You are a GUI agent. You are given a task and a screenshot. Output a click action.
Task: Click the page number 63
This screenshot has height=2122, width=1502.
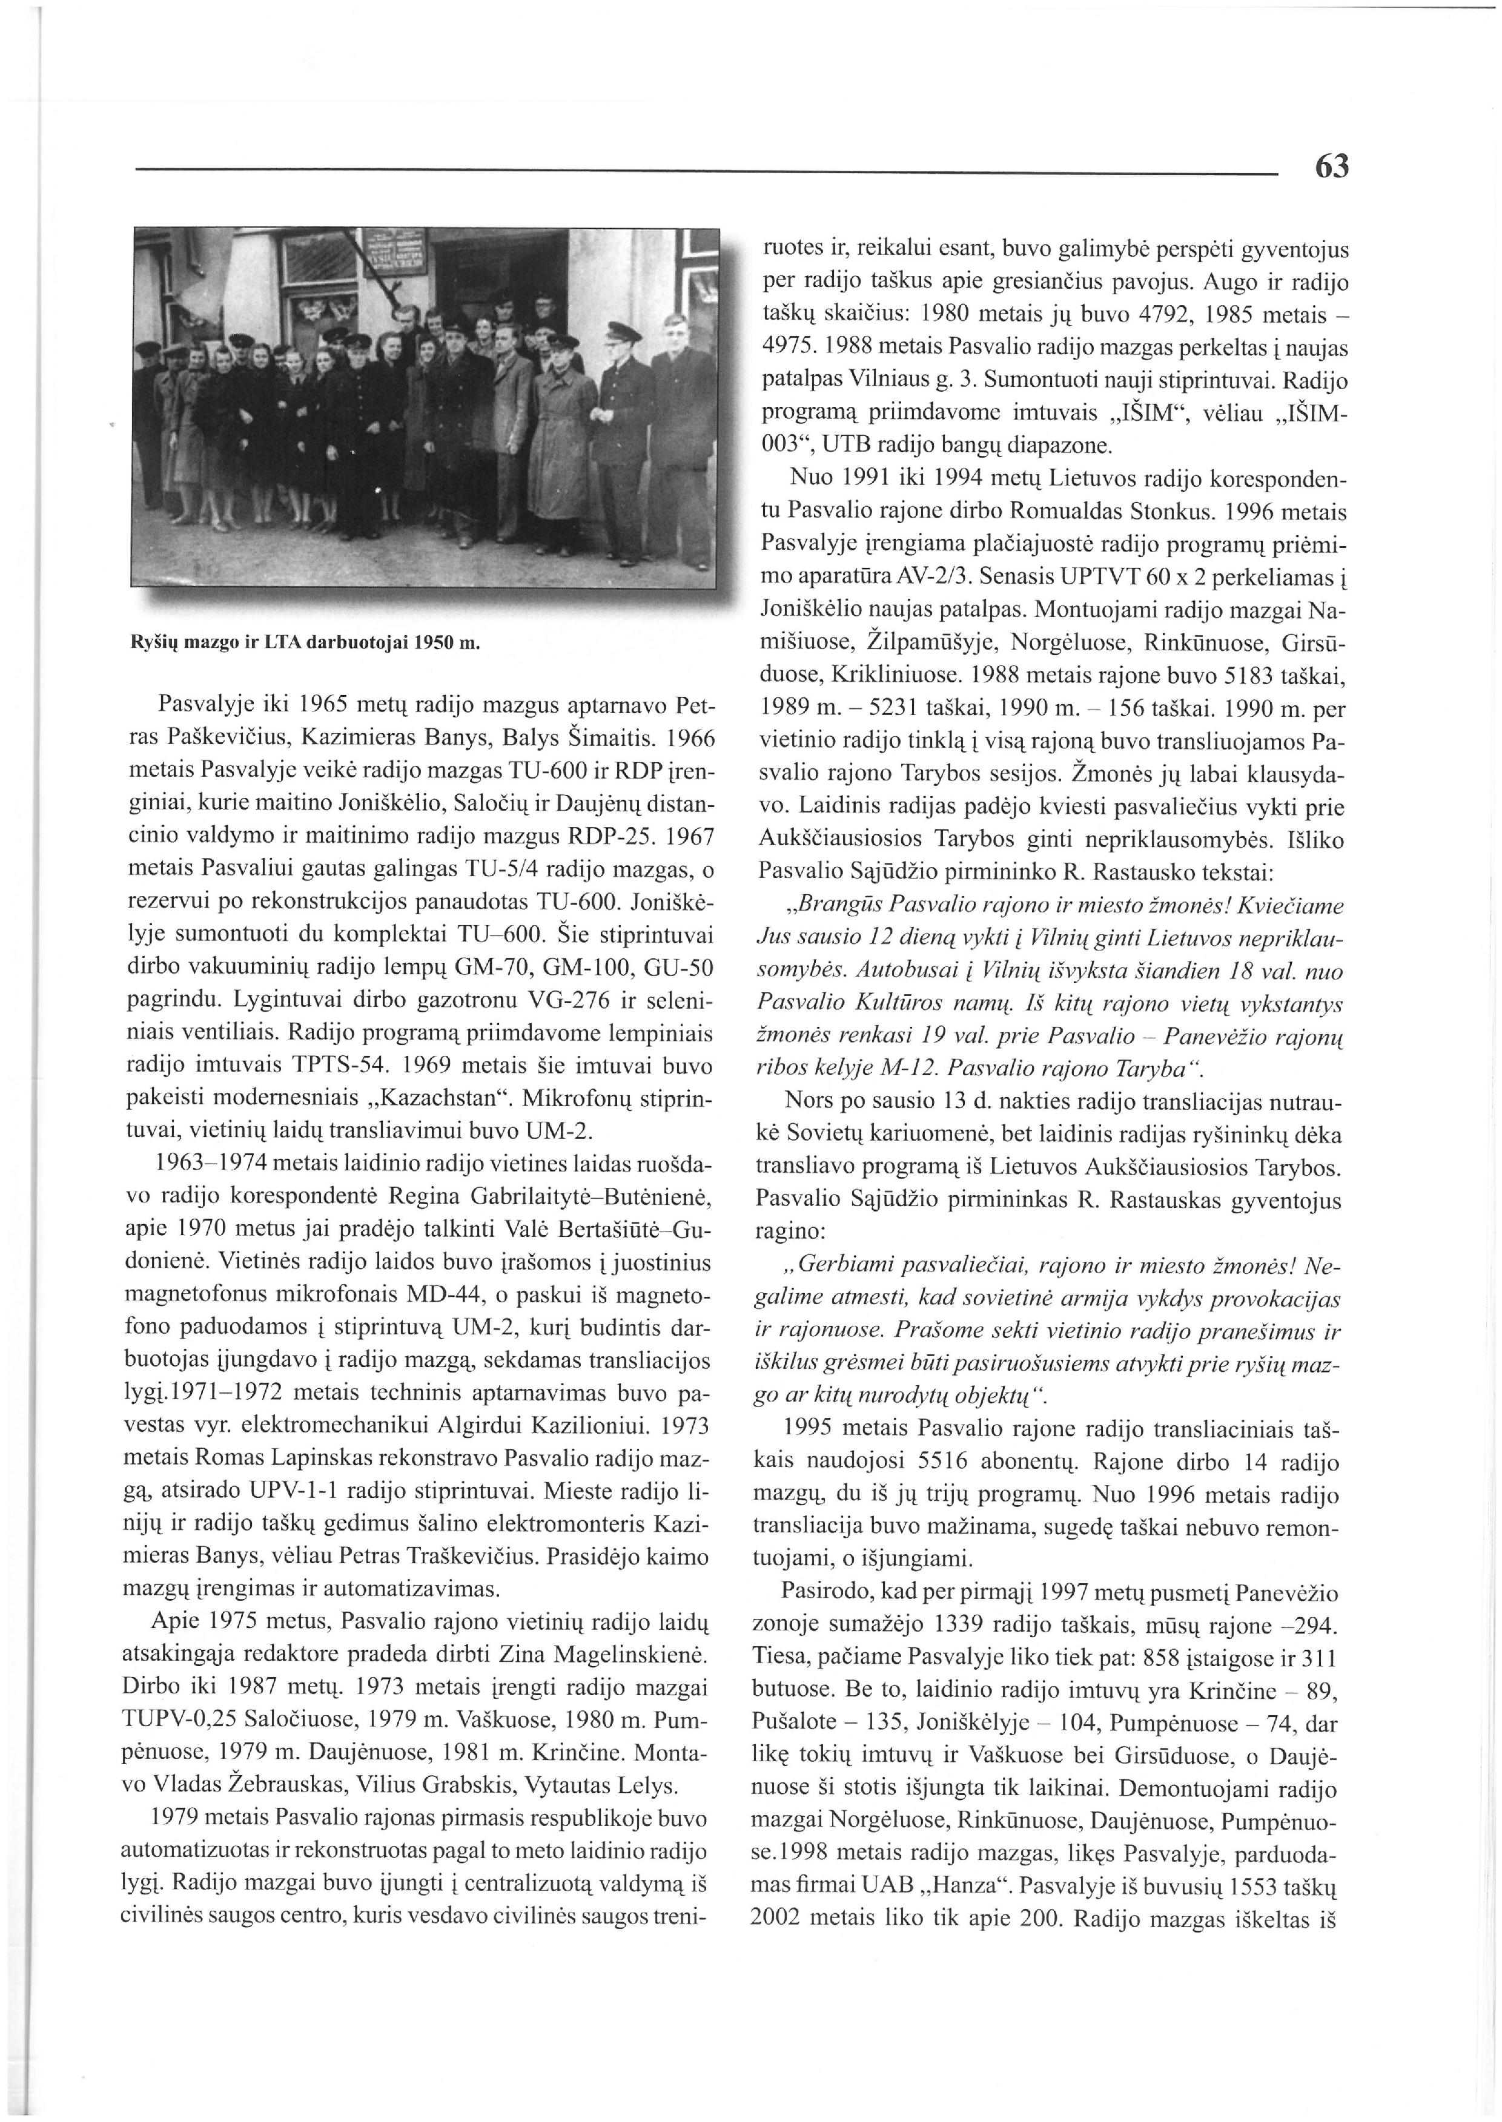pos(1331,167)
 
